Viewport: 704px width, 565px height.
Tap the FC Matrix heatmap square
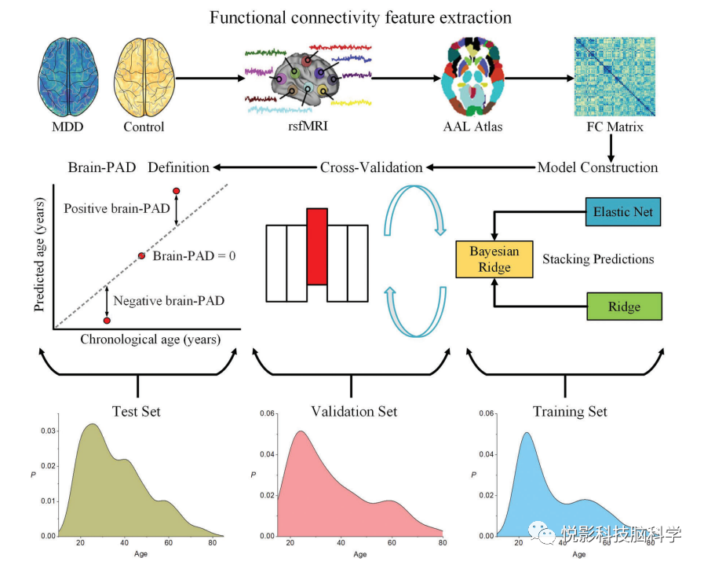[x=610, y=77]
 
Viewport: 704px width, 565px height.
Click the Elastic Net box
[x=623, y=212]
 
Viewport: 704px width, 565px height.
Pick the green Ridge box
[x=624, y=306]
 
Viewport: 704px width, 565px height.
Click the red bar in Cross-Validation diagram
[x=316, y=246]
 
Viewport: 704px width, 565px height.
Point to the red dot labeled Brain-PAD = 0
[x=142, y=255]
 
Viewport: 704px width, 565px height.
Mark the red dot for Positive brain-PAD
[x=176, y=191]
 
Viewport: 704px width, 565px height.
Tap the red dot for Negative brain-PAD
[x=107, y=321]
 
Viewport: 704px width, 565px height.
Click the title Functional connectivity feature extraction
[x=351, y=17]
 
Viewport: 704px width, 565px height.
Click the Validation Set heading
[x=354, y=411]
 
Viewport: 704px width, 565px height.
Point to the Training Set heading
[x=570, y=411]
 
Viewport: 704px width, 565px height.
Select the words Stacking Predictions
[x=598, y=259]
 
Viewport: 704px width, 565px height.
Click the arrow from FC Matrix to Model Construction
[x=611, y=145]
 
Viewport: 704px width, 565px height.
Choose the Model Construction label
[x=597, y=167]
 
